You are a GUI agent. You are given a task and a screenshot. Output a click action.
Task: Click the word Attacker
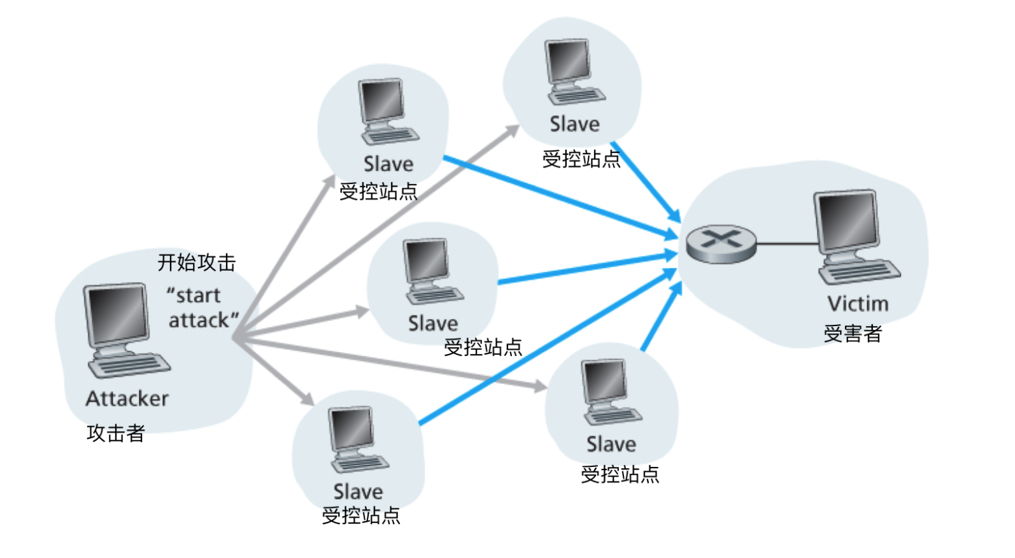point(127,399)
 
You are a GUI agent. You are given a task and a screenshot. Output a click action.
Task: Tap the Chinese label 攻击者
point(115,433)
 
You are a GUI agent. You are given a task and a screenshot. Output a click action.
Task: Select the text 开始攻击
point(196,262)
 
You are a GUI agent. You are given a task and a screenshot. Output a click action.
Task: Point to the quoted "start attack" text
point(202,308)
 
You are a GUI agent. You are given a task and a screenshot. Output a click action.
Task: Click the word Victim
point(858,304)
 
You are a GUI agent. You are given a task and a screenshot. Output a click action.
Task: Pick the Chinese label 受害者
point(853,334)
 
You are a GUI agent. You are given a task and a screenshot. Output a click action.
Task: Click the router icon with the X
point(721,244)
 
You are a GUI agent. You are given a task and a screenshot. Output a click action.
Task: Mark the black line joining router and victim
point(788,244)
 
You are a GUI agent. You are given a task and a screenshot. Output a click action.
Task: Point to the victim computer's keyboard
point(860,271)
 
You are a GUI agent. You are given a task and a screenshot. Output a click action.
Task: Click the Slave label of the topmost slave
point(574,124)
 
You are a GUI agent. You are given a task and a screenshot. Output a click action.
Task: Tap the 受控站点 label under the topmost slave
point(581,159)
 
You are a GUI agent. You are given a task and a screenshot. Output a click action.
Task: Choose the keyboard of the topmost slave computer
point(577,96)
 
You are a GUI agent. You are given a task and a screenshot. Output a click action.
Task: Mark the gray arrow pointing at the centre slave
point(301,325)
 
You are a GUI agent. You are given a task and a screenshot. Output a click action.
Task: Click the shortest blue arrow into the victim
point(662,317)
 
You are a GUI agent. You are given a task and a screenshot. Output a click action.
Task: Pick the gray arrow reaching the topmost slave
point(376,231)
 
